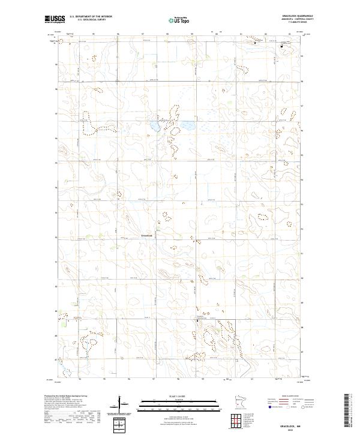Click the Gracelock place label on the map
pos(148,235)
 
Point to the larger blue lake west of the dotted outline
pos(154,128)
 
